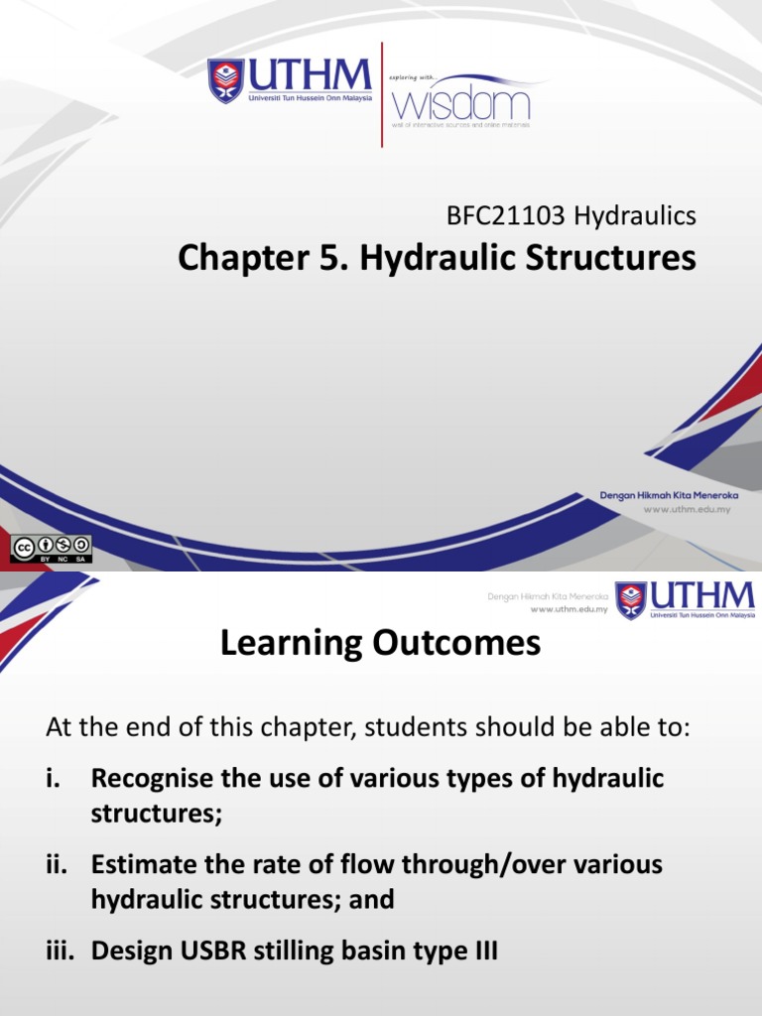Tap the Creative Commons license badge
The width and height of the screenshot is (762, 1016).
[x=52, y=548]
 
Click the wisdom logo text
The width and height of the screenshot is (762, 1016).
[x=461, y=103]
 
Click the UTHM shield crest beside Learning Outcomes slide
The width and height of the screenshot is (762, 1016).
[x=631, y=599]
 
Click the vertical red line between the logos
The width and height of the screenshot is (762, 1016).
[x=382, y=95]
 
